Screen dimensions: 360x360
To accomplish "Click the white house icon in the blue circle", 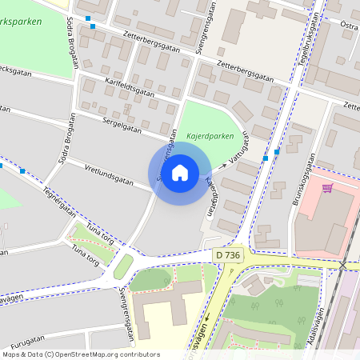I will pos(180,173).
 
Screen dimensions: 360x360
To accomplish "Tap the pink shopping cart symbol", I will pos(327,188).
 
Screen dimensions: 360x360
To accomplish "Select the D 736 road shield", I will pos(228,254).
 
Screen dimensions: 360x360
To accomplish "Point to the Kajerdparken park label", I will pos(210,136).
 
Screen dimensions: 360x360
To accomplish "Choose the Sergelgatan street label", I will pos(122,124).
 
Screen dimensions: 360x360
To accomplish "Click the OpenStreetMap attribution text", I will pos(80,354).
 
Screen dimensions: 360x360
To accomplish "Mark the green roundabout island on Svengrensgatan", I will pos(124,265).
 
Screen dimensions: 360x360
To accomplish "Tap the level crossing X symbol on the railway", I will pos(343,265).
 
